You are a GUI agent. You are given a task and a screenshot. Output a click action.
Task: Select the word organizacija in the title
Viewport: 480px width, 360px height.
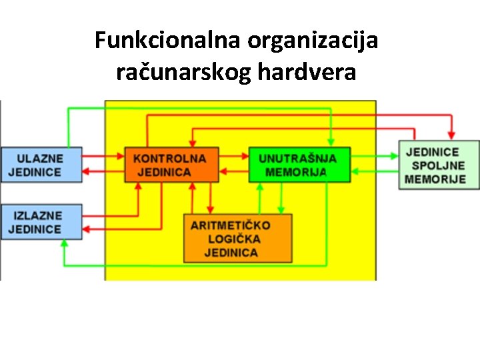(313, 41)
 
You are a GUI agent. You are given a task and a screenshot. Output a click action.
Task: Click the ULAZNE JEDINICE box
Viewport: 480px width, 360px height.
(41, 165)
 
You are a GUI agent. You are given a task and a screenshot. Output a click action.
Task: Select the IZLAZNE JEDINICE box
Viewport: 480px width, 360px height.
(41, 222)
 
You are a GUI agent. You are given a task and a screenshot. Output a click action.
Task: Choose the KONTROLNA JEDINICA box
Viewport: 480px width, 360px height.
(171, 165)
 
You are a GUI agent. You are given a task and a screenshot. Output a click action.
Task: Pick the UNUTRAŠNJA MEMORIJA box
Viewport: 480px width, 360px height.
(299, 165)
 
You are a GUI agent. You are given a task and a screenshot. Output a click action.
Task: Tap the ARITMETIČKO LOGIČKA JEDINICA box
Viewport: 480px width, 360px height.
(237, 238)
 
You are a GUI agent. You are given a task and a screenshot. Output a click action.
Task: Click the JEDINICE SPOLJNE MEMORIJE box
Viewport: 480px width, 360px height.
(439, 165)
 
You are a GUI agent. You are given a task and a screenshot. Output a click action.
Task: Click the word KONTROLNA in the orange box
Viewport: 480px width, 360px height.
(170, 159)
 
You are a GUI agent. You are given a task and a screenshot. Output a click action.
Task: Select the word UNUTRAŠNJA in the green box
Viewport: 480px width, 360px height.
(298, 159)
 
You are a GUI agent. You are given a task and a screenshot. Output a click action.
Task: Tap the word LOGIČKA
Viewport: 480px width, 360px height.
(234, 239)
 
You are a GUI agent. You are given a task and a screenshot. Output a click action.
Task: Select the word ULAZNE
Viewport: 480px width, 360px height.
(40, 159)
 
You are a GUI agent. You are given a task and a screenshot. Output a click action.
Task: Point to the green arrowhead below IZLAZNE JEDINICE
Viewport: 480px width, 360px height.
(64, 244)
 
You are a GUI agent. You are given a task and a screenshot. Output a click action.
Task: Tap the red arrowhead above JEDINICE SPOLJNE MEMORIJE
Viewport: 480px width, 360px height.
(451, 135)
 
